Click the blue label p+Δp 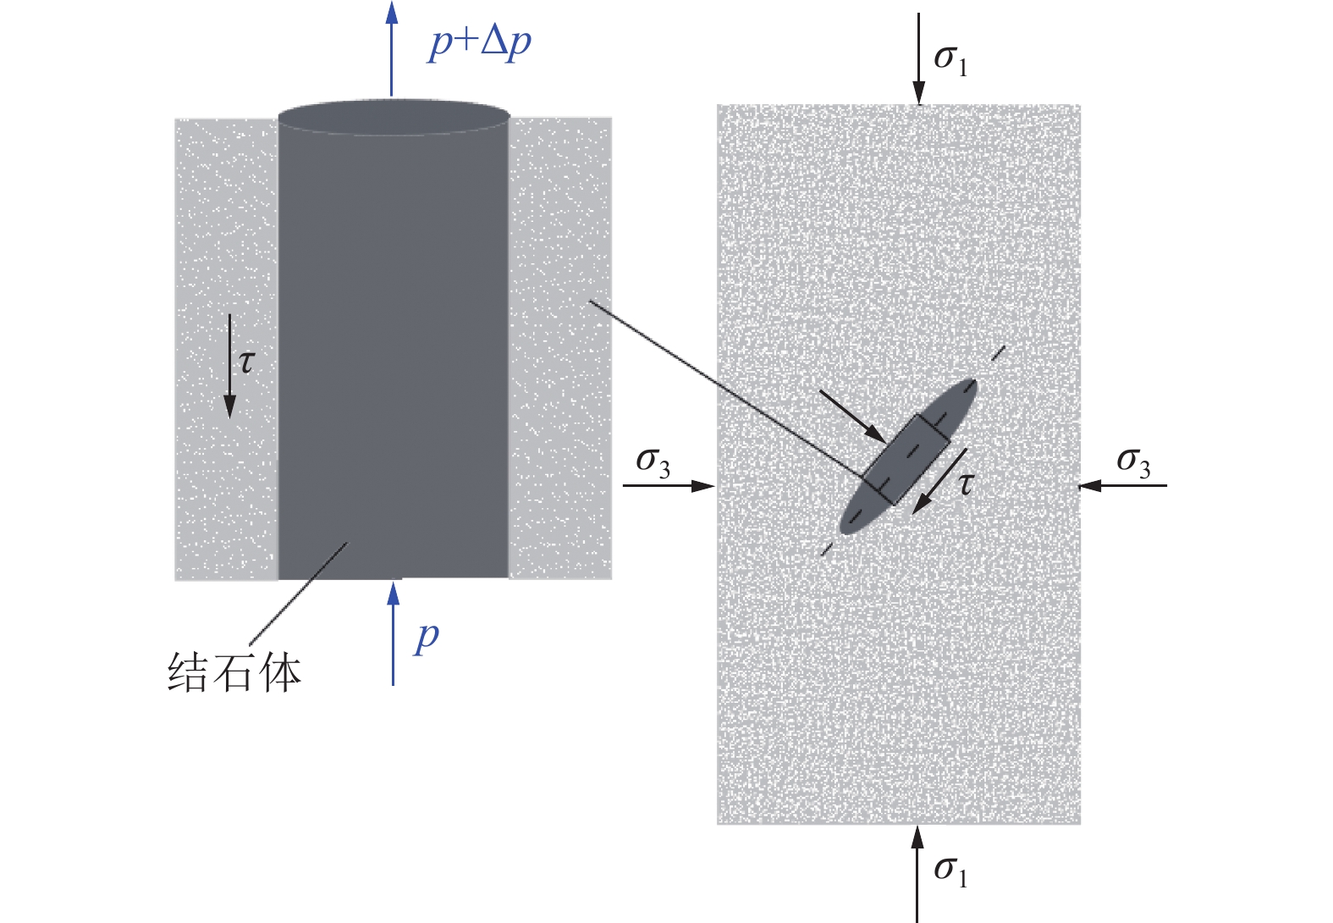480,42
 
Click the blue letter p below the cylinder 427,637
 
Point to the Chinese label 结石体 234,674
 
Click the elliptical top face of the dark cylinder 394,118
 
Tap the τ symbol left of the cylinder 246,362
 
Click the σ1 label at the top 950,59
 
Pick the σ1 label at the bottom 950,870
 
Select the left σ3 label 653,461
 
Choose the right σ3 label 1133,461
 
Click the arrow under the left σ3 669,485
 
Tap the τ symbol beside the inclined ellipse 965,484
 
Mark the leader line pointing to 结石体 299,593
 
